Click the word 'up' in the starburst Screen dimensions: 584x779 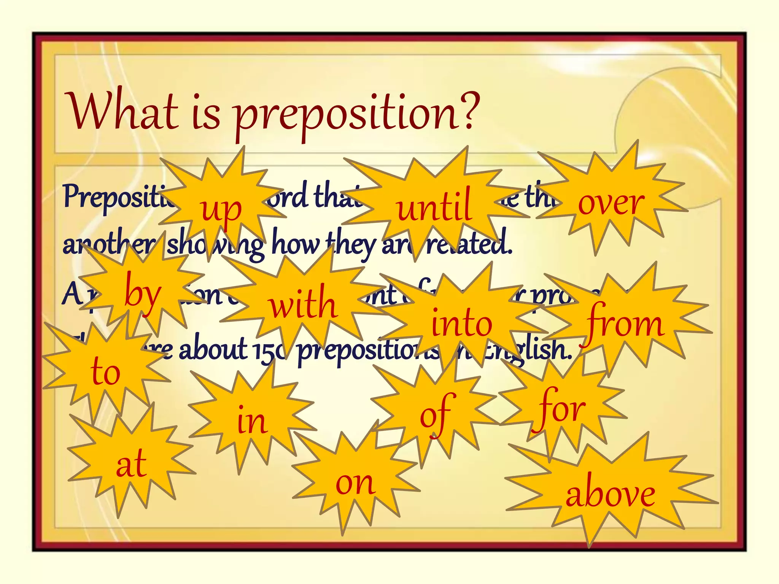(x=221, y=210)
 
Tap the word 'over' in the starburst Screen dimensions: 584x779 (x=611, y=203)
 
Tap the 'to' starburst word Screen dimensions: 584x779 (x=105, y=371)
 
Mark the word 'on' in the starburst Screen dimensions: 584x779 (x=355, y=483)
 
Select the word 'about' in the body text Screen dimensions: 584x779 (x=213, y=349)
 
